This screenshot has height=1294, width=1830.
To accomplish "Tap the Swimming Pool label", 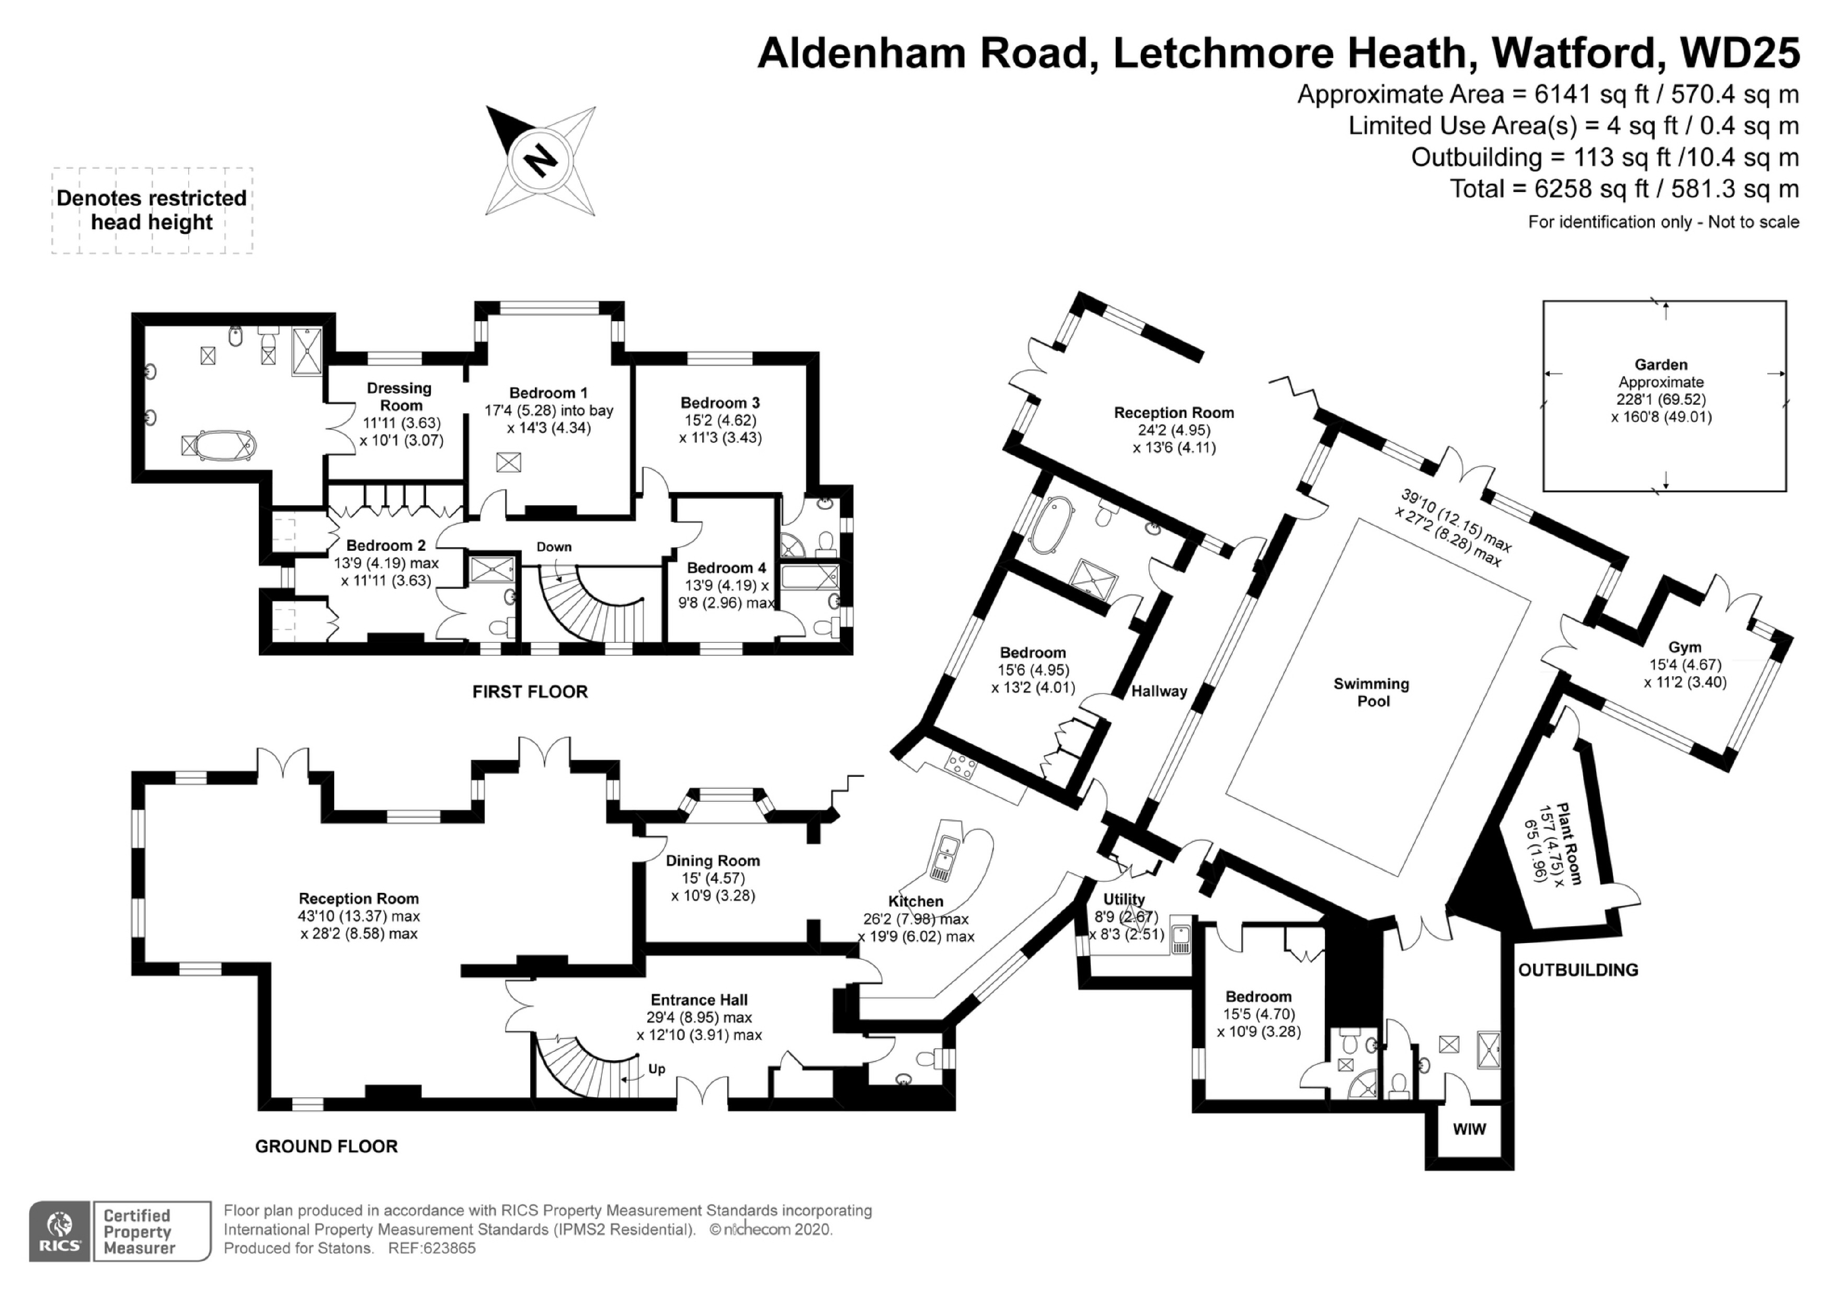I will (x=1371, y=692).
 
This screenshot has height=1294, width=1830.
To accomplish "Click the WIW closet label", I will (x=1469, y=1129).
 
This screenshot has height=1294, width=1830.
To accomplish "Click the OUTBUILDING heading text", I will (x=1577, y=970).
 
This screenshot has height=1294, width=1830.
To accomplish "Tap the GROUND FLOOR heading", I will (x=326, y=1145).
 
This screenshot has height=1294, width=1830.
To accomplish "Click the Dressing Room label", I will (x=399, y=396).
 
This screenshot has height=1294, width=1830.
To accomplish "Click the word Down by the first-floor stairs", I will (x=553, y=547).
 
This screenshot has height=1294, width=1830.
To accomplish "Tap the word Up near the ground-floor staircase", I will (x=656, y=1069).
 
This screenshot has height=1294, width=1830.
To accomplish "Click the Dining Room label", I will (x=713, y=860).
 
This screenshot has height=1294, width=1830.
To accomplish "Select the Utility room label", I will (x=1124, y=899).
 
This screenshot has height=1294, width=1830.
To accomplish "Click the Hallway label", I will (x=1159, y=691).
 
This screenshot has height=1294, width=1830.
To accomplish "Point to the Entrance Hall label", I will (x=699, y=1000).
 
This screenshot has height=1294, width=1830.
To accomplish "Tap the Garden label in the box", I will (x=1661, y=365).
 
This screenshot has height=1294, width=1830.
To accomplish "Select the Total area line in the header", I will (x=1623, y=189).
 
